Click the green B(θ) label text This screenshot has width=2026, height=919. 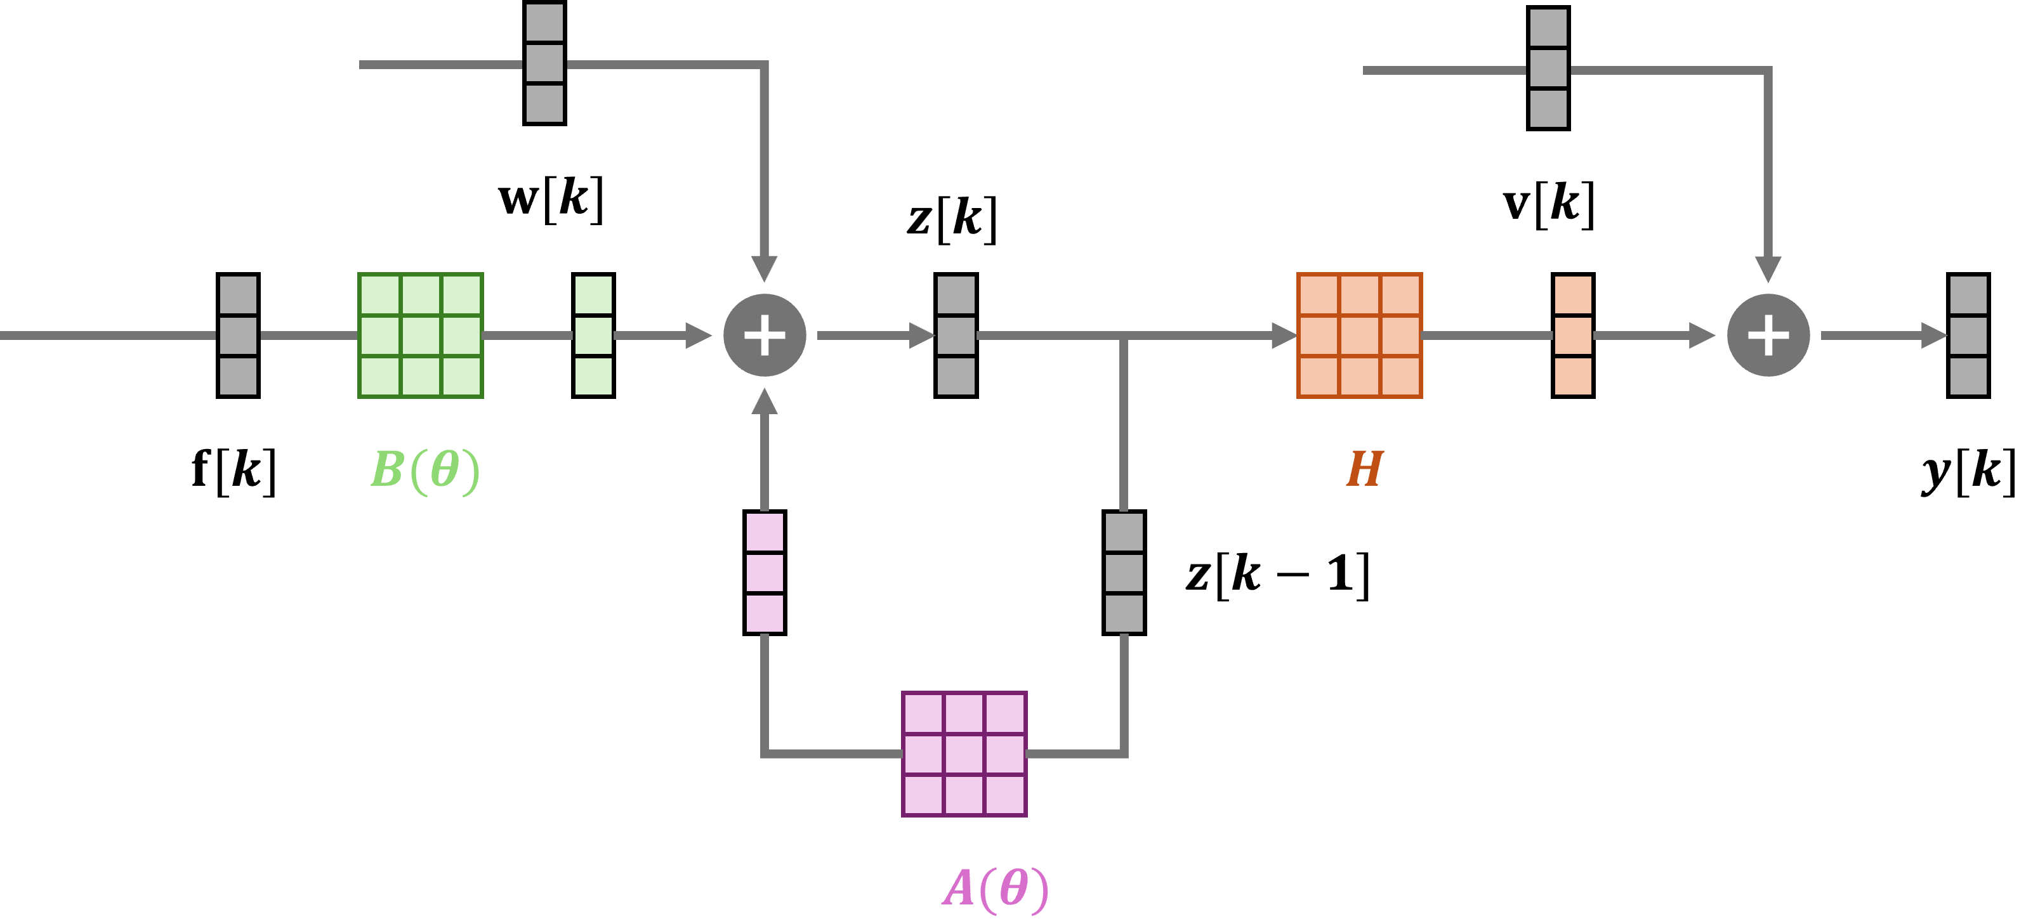[x=424, y=470]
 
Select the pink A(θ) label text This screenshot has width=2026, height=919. [x=995, y=889]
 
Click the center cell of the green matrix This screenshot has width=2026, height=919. [x=421, y=336]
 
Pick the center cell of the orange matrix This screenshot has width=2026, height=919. [x=1359, y=336]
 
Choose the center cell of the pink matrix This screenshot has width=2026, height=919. [x=964, y=754]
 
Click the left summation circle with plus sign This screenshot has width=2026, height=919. [x=765, y=336]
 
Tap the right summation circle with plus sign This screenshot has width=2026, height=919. [x=1768, y=336]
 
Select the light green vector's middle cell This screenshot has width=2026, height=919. [x=593, y=336]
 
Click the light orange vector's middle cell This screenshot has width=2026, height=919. [x=1573, y=336]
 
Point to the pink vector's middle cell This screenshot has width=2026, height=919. [x=765, y=572]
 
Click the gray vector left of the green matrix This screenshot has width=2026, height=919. [x=239, y=336]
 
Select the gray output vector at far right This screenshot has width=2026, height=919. [x=1968, y=336]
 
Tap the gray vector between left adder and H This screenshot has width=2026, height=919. [x=956, y=336]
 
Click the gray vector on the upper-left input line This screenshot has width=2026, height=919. [x=544, y=63]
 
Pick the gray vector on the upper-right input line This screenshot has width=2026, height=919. [x=1548, y=68]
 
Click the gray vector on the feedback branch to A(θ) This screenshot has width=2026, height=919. [x=1124, y=572]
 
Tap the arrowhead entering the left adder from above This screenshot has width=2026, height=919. [x=765, y=268]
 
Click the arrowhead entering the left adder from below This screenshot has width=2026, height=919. [x=765, y=401]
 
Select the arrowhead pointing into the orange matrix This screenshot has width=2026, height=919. [x=1284, y=336]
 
